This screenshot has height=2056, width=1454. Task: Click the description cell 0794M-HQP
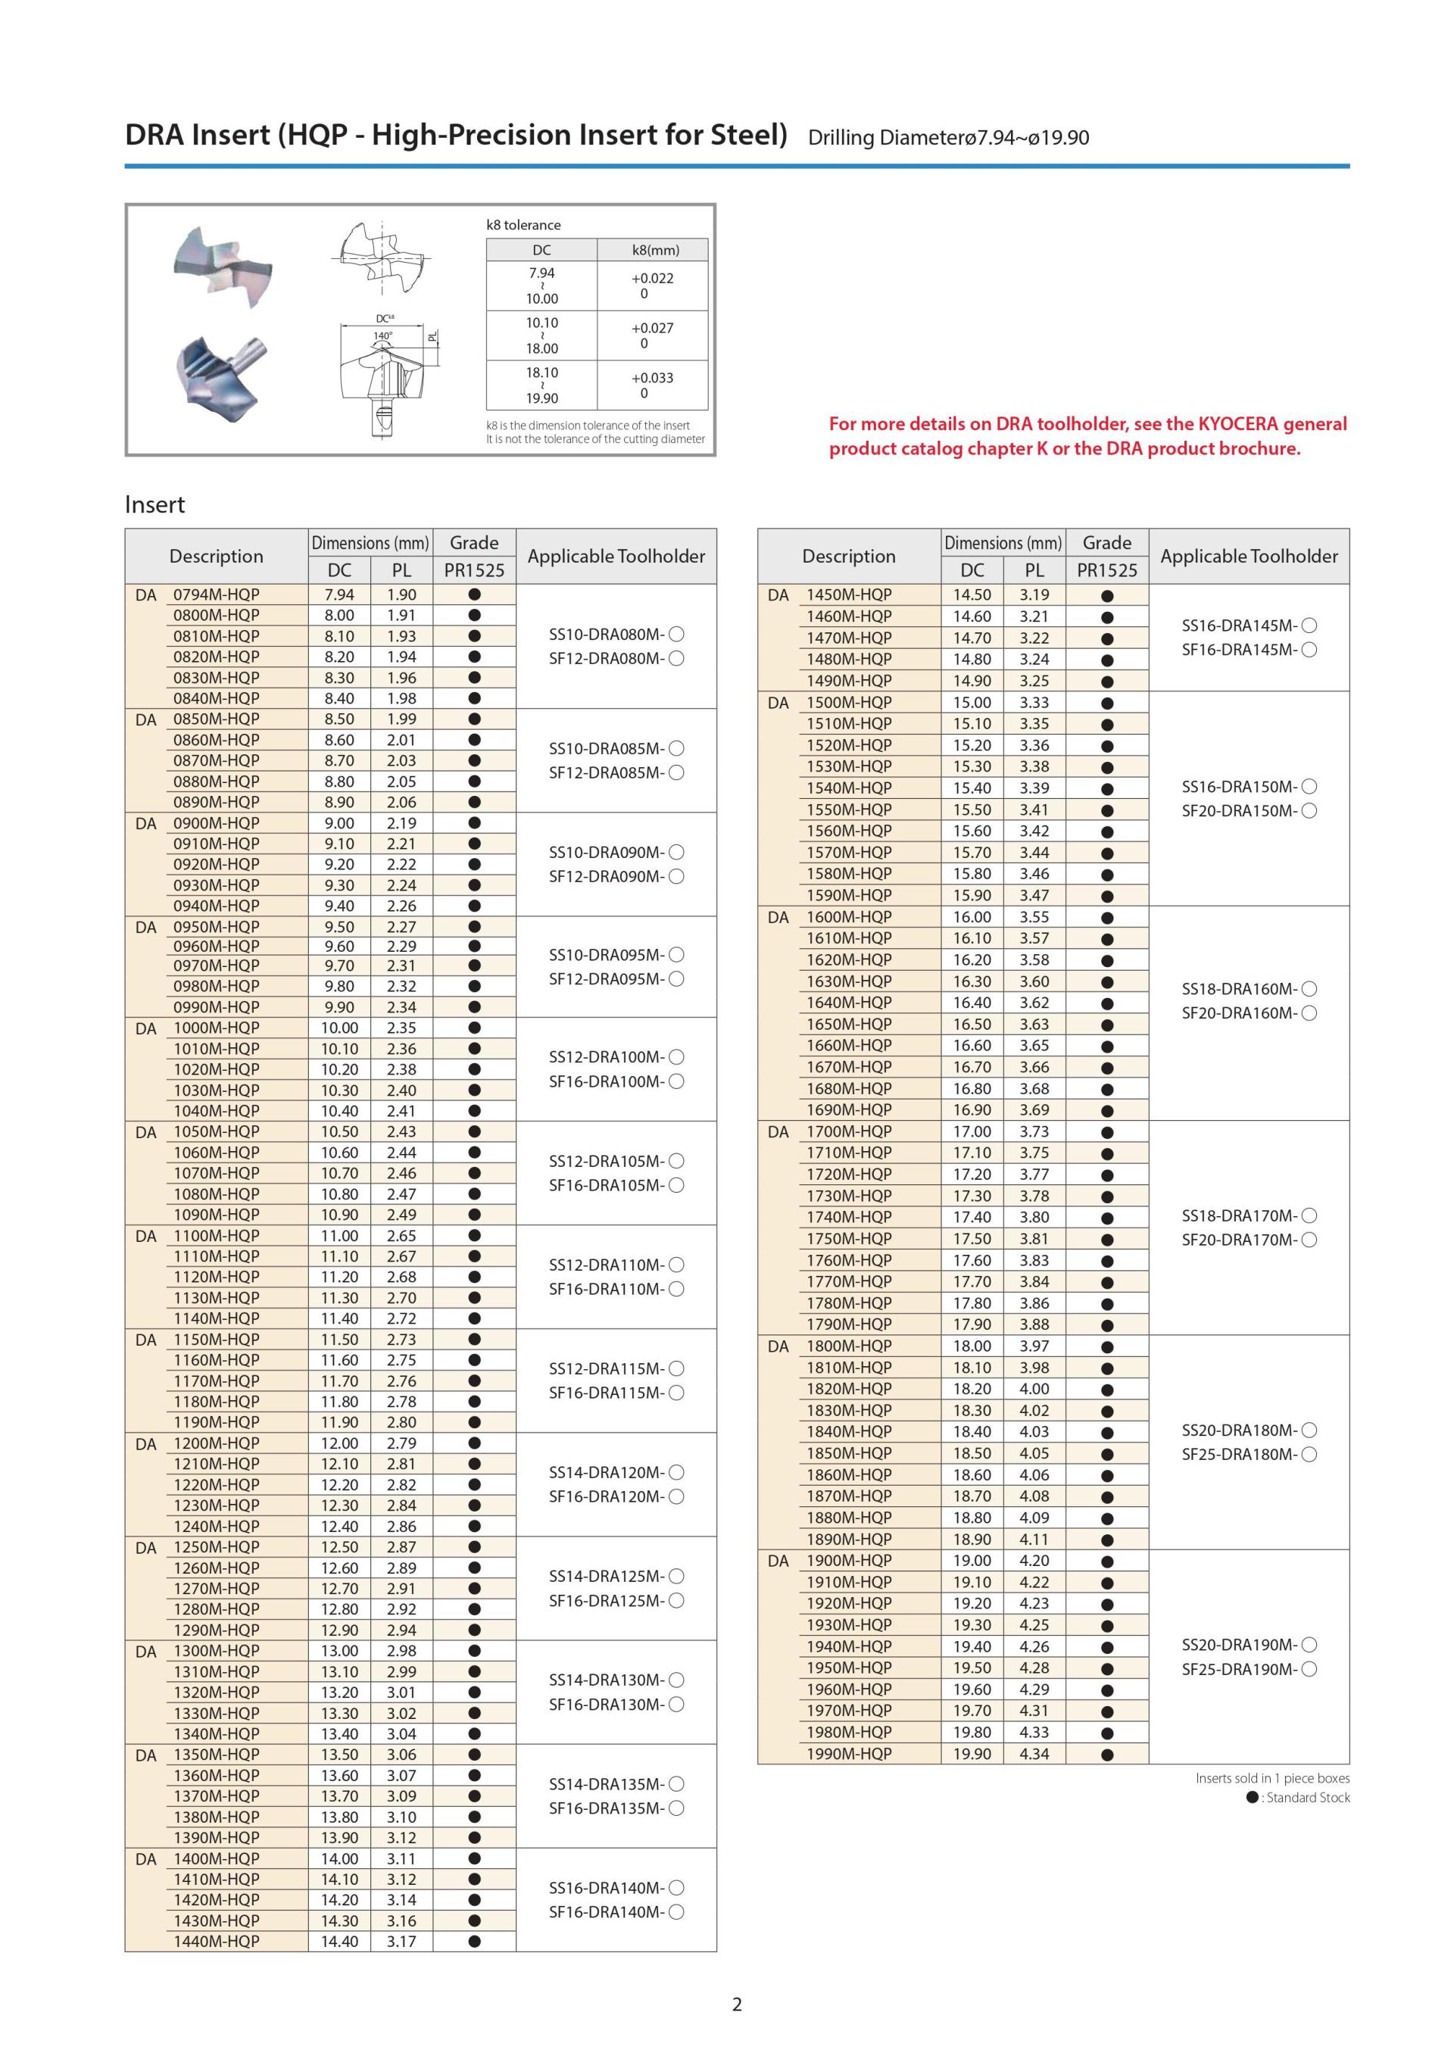click(x=216, y=594)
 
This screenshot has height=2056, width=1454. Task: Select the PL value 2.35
click(x=401, y=1028)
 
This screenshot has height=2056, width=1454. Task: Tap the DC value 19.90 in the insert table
click(x=972, y=1753)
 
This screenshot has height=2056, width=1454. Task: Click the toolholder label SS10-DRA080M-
click(x=606, y=634)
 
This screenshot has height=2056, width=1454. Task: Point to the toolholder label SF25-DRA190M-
click(x=1239, y=1669)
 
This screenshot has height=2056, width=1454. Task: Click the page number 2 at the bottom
click(x=737, y=2004)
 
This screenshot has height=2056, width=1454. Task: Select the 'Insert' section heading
click(x=155, y=505)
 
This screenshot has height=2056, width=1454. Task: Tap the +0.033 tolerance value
click(x=652, y=378)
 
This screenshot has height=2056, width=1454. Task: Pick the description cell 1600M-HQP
click(x=849, y=917)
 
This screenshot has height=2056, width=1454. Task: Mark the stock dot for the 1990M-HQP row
click(x=1106, y=1755)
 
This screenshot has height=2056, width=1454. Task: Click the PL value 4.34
click(x=1034, y=1753)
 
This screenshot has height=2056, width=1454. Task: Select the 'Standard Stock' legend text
click(x=1308, y=1797)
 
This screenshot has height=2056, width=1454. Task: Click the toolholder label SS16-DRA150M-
click(x=1239, y=787)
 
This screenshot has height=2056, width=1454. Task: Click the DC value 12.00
click(x=339, y=1443)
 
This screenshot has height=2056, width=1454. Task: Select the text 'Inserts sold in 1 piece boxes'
click(x=1272, y=1778)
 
